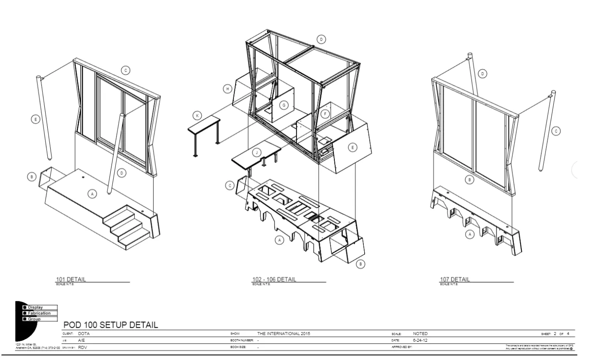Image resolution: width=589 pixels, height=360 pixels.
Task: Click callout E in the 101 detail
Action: click(35, 119)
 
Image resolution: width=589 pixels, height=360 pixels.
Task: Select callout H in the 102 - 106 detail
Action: click(228, 89)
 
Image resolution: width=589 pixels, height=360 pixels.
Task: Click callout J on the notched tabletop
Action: click(257, 153)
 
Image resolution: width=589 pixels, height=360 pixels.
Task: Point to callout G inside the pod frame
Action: click(284, 105)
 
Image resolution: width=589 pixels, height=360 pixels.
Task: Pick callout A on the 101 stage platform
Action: click(92, 193)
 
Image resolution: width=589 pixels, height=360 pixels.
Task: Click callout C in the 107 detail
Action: click(557, 131)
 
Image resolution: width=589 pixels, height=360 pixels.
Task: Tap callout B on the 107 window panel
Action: click(470, 180)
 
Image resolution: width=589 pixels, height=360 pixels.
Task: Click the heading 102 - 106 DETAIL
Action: click(274, 280)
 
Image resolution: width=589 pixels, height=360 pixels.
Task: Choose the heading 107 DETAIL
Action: click(455, 280)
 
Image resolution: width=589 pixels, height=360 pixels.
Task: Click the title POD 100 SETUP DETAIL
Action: click(111, 325)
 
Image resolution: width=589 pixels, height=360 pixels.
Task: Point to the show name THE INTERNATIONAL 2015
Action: click(284, 333)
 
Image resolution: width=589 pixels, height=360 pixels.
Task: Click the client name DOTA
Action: click(84, 333)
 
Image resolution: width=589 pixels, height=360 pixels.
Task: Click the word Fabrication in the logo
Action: click(39, 313)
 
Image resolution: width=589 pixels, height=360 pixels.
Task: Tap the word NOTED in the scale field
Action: click(420, 333)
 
